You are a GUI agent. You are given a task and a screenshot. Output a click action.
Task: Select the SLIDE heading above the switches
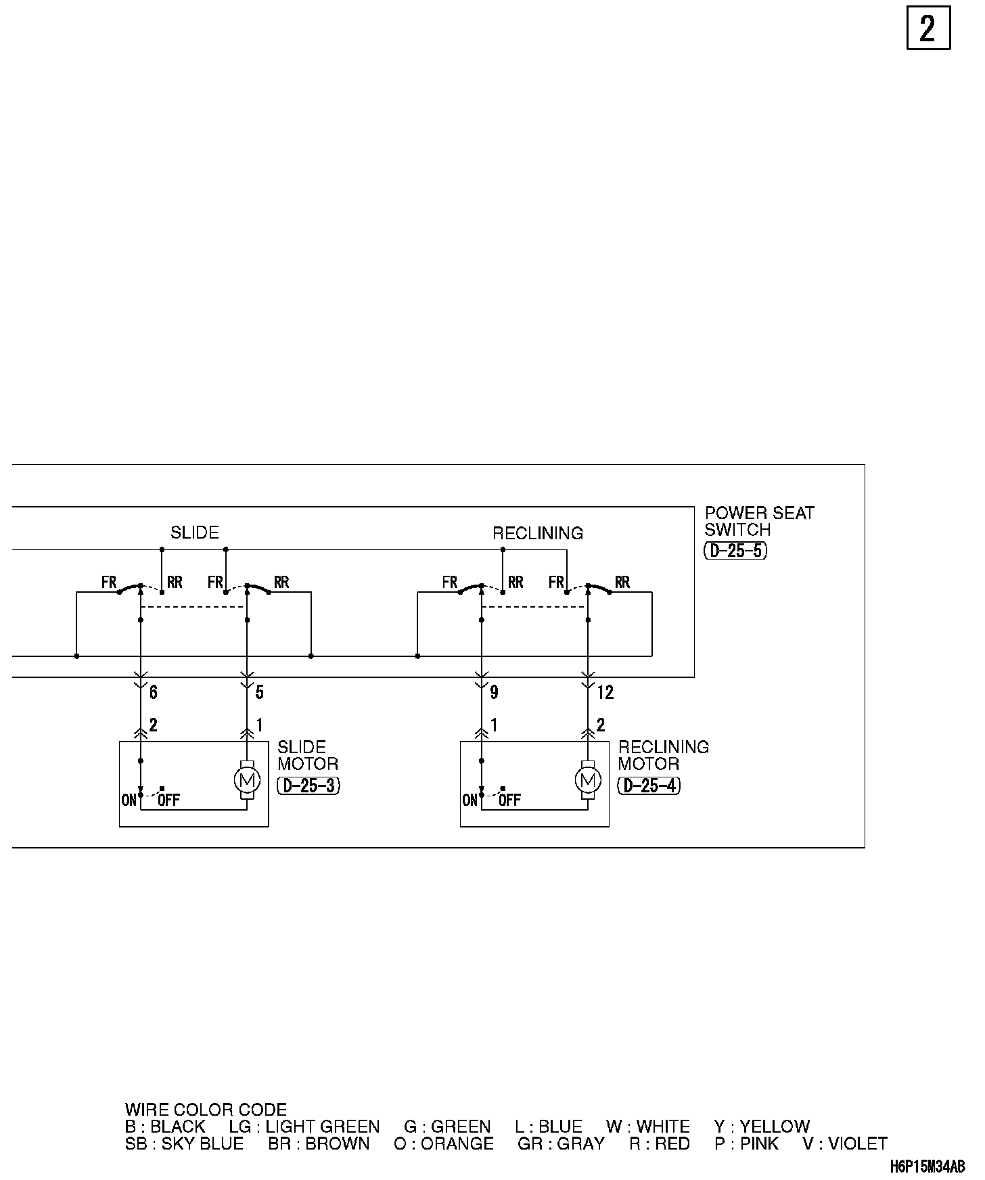tap(194, 532)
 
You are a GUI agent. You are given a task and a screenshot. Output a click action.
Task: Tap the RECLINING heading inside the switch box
tap(537, 533)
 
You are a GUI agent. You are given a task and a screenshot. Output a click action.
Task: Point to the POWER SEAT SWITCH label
tap(759, 521)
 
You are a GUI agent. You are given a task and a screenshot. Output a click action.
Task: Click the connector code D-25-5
tap(735, 551)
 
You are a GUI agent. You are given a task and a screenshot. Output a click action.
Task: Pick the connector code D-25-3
tap(308, 786)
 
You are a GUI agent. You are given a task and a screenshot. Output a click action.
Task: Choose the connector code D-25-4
tap(649, 786)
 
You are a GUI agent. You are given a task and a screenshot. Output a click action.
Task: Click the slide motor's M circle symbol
tap(246, 781)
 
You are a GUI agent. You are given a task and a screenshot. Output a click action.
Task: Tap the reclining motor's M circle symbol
tap(587, 781)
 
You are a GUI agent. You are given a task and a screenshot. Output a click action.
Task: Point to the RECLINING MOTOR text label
tap(663, 756)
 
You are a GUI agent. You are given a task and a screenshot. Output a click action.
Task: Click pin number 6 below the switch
tap(154, 692)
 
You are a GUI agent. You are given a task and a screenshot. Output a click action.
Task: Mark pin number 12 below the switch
tap(605, 692)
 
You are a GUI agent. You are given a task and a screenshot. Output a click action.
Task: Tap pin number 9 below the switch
tap(495, 692)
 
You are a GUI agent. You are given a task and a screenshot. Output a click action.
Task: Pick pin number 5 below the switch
tap(259, 692)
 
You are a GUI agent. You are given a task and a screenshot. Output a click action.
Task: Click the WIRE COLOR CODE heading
tap(206, 1110)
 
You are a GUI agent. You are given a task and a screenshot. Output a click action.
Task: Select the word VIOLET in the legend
tap(857, 1143)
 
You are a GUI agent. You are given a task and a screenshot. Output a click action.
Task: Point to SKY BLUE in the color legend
tap(202, 1143)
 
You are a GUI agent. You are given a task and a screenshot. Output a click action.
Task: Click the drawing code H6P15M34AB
tap(927, 1166)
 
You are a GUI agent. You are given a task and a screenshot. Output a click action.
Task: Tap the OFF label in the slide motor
tap(169, 800)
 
